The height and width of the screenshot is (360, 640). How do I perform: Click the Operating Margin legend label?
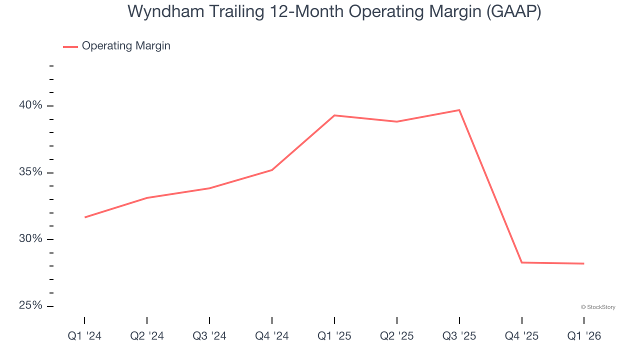126,46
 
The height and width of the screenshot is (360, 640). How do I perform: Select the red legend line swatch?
70,46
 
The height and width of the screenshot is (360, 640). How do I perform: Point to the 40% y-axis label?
30,105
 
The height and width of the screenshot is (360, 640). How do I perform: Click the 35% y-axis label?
30,172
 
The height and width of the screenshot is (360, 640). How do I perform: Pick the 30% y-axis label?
30,239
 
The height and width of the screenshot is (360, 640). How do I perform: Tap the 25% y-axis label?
30,305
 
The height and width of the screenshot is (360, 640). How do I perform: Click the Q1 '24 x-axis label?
84,336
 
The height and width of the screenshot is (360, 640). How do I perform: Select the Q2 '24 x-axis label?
147,336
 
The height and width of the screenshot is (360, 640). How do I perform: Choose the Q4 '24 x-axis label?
272,336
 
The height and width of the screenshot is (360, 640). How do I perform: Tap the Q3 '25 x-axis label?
459,336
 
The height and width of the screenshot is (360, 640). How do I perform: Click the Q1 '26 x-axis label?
584,336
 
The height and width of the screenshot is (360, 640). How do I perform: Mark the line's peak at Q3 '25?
459,110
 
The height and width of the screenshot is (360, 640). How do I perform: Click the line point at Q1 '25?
334,115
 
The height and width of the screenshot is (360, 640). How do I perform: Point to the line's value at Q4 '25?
522,262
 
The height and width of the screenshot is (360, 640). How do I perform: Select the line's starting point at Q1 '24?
84,217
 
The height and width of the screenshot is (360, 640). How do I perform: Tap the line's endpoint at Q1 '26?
584,263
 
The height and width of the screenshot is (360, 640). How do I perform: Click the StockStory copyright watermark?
598,307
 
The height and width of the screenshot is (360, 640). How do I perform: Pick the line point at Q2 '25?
397,121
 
